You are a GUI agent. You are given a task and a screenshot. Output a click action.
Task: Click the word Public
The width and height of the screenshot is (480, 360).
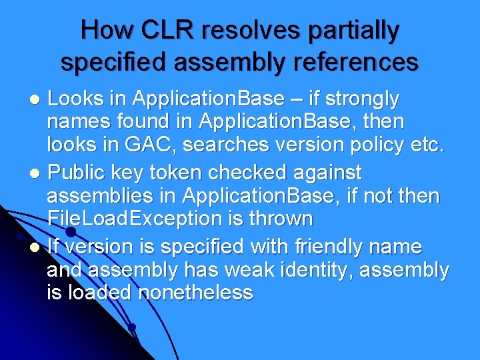point(73,173)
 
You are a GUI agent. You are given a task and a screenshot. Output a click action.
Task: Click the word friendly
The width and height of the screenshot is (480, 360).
point(328,247)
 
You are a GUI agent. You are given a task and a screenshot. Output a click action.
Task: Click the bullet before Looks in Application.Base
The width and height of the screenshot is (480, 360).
point(37,101)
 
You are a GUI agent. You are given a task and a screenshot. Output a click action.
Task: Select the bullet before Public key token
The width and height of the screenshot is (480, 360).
point(37,174)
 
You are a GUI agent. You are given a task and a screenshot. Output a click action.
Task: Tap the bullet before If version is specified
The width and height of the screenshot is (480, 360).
point(37,248)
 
